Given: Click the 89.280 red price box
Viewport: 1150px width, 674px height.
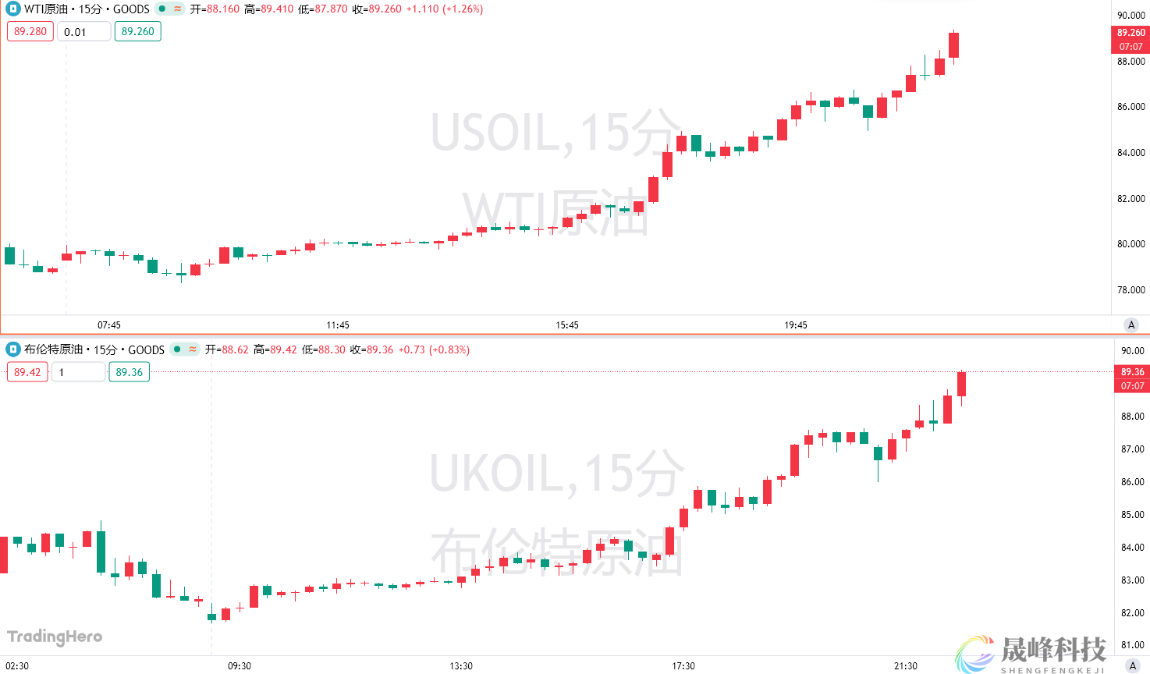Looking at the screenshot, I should coord(30,31).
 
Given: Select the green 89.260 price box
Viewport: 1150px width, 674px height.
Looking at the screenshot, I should coord(138,31).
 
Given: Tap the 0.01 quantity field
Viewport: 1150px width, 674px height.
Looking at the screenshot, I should coord(83,32).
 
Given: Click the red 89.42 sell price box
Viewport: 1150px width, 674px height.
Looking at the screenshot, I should coord(27,372).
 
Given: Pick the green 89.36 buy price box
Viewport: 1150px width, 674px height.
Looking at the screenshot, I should coord(130,372).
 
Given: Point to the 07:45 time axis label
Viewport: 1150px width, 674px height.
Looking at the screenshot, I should coord(109,325).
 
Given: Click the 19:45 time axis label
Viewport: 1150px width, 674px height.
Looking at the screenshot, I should coord(796,325).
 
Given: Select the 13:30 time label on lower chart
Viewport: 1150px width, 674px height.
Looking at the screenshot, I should coord(461,666).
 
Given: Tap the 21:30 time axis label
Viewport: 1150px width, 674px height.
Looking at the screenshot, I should coord(906,666).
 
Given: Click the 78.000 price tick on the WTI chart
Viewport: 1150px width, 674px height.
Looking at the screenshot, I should coord(1130,290).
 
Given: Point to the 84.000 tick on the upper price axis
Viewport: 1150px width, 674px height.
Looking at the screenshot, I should coord(1130,153).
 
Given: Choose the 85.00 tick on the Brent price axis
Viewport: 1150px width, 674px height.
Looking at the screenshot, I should coord(1132,515).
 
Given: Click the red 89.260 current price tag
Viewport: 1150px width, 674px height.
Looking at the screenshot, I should coord(1130,33).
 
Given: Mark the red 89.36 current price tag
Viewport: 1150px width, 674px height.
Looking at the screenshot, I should coord(1132,372).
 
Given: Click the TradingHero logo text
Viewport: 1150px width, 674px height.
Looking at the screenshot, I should coord(55,637).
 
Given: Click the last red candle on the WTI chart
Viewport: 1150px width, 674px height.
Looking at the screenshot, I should coord(953,44).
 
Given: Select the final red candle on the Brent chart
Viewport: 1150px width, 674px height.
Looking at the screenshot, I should coord(962,384).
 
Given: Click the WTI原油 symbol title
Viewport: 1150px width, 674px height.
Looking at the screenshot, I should coord(46,9).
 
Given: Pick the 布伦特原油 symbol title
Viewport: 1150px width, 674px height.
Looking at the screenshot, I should coord(53,349).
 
